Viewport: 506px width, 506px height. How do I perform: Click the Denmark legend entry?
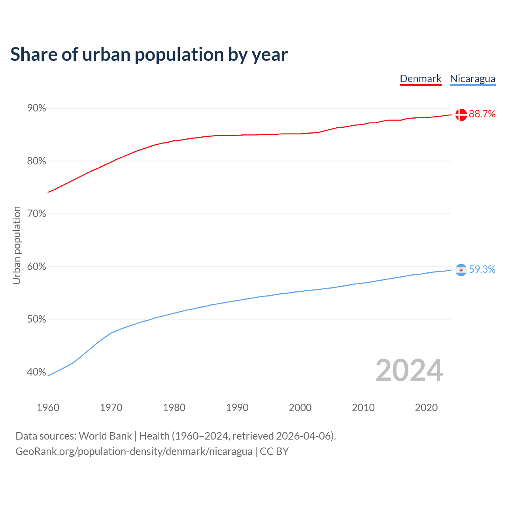(x=420, y=79)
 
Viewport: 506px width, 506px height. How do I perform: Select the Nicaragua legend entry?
(x=472, y=79)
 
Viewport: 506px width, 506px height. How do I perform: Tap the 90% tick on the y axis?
(x=36, y=108)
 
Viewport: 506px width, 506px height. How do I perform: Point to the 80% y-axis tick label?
(x=36, y=161)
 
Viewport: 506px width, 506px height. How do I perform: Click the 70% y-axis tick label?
(x=36, y=214)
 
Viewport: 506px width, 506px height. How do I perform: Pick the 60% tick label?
(x=36, y=267)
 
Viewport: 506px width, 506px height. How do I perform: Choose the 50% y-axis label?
(x=36, y=319)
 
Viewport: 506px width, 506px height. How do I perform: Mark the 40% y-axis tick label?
(x=36, y=372)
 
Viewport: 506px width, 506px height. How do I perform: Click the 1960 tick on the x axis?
(x=48, y=408)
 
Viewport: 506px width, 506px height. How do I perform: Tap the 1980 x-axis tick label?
(x=174, y=408)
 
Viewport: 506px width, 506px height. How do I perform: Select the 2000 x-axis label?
(x=300, y=408)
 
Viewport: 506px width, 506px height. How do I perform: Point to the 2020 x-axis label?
(x=426, y=408)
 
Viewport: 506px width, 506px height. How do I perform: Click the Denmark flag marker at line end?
(x=461, y=115)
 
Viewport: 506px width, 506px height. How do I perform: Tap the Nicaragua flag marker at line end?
(x=461, y=270)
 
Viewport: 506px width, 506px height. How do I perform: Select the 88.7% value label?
(x=482, y=114)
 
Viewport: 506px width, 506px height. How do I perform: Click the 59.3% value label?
(x=482, y=270)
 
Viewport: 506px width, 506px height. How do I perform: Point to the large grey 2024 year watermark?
(x=409, y=370)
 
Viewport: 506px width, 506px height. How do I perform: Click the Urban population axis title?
(x=17, y=245)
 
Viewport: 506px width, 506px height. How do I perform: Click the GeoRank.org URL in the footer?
(x=134, y=451)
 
